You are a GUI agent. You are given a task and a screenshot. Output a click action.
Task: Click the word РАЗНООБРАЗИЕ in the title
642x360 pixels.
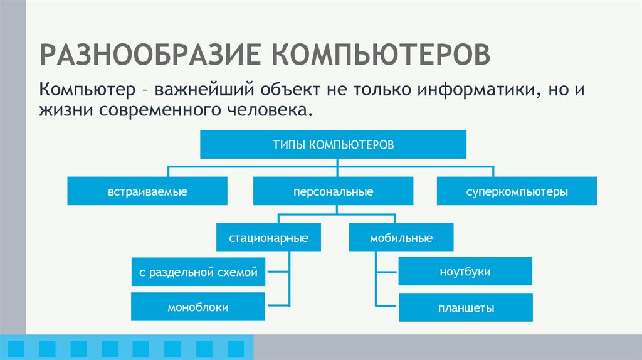coord(150,53)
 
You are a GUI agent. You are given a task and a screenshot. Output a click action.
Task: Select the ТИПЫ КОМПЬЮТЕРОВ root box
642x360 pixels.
coord(333,145)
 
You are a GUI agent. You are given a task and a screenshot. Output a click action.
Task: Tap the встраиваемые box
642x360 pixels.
coord(147,191)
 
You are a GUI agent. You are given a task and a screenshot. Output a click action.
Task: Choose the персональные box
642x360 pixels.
coord(333,191)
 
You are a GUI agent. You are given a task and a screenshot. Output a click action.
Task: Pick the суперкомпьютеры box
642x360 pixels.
coord(517,191)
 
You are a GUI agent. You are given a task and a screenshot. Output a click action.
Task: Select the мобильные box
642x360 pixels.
coord(401,238)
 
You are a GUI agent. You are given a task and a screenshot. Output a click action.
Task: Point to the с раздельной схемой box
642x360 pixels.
coord(198,272)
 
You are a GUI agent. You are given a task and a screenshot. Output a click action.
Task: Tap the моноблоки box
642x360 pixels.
coord(198,307)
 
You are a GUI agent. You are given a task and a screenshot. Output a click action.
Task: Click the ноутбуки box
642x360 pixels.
coord(465,272)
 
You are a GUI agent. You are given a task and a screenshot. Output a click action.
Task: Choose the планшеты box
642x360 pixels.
coord(465,308)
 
